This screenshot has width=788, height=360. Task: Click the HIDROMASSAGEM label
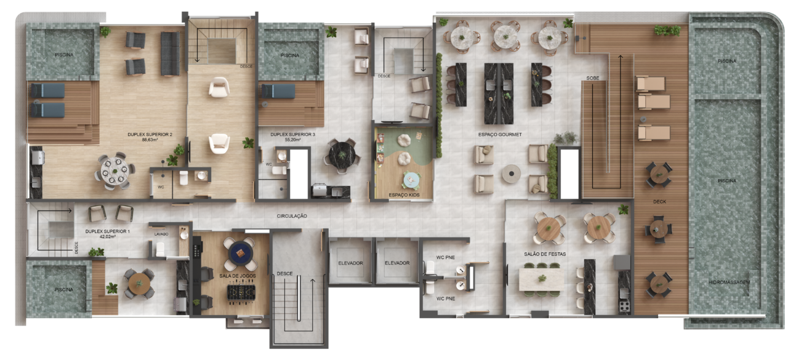click(729, 282)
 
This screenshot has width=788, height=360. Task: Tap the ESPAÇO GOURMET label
click(500, 135)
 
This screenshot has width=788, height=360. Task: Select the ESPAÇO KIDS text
click(404, 194)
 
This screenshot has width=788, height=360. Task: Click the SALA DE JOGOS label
click(238, 276)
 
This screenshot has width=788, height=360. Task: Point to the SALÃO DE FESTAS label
click(545, 254)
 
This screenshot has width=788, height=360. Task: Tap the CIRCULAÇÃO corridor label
click(292, 216)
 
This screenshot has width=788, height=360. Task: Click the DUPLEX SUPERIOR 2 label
click(150, 134)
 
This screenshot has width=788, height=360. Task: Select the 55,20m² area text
click(292, 140)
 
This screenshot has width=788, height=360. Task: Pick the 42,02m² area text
click(107, 236)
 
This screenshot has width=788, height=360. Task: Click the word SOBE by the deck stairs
click(592, 78)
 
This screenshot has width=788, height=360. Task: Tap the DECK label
click(659, 201)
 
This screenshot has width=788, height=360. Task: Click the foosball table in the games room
click(241, 292)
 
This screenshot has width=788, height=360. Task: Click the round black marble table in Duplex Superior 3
click(342, 155)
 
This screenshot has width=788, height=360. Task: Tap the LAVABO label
click(161, 234)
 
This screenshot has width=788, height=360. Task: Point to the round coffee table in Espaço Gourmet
click(511, 174)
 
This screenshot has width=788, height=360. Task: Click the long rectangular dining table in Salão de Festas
click(541, 279)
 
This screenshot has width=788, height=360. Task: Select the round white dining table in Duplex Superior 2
click(115, 171)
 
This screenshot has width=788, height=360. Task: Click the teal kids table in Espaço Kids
click(411, 181)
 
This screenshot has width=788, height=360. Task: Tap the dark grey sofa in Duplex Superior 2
click(171, 54)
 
